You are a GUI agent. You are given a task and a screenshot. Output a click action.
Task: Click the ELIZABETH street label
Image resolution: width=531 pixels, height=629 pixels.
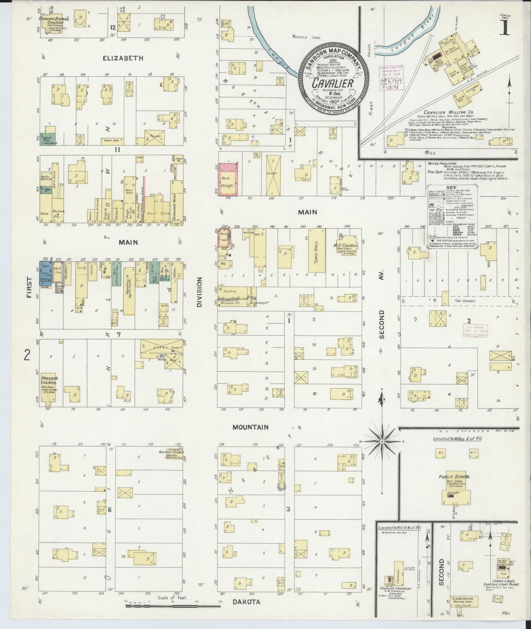click(123, 58)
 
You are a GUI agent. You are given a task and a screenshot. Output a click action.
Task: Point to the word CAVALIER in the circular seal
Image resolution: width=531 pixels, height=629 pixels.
click(333, 83)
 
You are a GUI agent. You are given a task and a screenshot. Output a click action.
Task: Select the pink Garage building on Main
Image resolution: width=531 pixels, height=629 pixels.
click(227, 179)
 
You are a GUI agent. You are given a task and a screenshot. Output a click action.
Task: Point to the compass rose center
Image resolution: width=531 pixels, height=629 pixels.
click(382, 441)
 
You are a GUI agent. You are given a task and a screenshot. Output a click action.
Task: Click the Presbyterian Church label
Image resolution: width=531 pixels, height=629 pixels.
click(49, 380)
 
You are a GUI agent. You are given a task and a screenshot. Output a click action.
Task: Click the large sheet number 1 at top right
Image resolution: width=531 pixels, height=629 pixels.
click(505, 28)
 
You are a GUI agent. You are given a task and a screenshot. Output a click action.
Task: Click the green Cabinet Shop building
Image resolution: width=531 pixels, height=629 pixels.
click(47, 139)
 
